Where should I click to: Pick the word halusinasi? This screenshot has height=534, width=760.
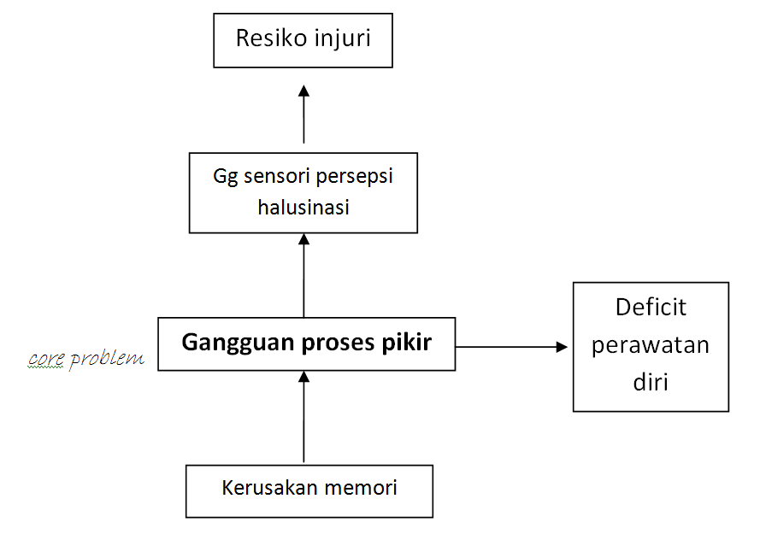pyautogui.click(x=303, y=208)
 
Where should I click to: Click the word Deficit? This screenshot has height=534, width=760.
pyautogui.click(x=651, y=308)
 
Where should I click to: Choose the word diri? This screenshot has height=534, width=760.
pyautogui.click(x=651, y=382)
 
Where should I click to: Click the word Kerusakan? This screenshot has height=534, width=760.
pyautogui.click(x=269, y=488)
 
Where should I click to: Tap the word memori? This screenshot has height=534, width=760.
pyautogui.click(x=361, y=489)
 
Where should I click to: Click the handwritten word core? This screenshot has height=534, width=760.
pyautogui.click(x=46, y=360)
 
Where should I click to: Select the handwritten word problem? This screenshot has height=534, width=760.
pyautogui.click(x=107, y=359)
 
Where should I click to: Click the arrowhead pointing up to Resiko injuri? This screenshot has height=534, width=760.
pyautogui.click(x=303, y=91)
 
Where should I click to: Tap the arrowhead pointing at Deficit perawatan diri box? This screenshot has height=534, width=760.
pyautogui.click(x=562, y=347)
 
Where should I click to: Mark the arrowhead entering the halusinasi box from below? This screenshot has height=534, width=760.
pyautogui.click(x=303, y=239)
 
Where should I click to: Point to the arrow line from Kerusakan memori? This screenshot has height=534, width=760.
pyautogui.click(x=303, y=417)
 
